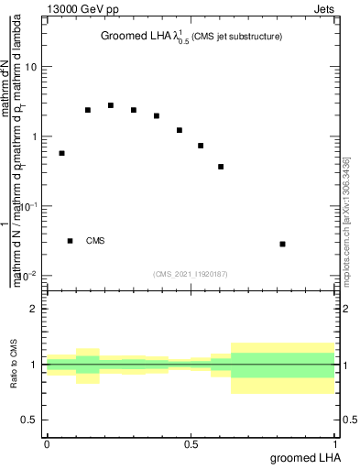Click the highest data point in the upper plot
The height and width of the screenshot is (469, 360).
111,105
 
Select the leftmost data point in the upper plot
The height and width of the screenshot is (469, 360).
61,153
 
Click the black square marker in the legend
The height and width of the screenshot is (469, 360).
71,241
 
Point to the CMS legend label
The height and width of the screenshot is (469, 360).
95,241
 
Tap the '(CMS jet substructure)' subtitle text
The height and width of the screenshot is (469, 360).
236,37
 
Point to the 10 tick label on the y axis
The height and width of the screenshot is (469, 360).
31,68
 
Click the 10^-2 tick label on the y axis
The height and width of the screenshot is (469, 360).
27,275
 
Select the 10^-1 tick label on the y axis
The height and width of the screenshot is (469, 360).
27,206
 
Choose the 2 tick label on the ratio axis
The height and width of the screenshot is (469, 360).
34,310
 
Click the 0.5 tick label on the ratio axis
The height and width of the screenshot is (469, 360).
29,420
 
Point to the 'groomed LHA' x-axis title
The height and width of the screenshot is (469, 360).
299,457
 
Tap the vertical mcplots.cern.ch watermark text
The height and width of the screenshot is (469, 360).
351,220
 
